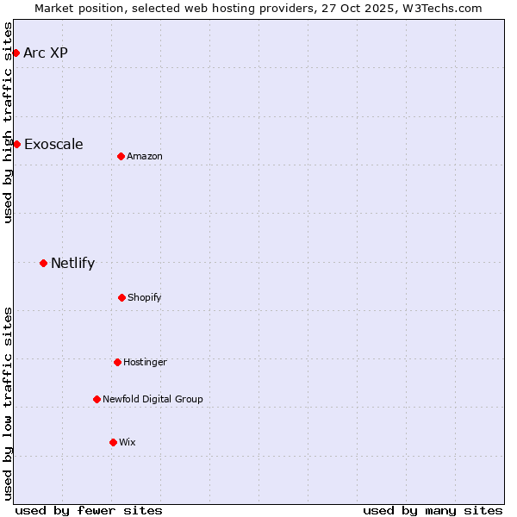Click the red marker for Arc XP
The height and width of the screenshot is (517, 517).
pos(16,53)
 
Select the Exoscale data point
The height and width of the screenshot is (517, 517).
pos(16,144)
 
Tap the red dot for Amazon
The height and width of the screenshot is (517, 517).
pos(121,156)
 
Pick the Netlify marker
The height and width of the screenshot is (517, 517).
pos(43,263)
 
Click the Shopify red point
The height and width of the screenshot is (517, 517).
pos(121,297)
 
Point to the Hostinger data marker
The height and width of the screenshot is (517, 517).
pos(117,362)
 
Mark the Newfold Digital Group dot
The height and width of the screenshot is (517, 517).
pos(97,399)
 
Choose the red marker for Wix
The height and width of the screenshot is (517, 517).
pos(113,442)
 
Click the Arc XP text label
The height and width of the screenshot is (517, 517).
pos(46,53)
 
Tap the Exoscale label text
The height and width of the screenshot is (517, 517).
pos(53,144)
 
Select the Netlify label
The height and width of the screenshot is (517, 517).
pos(72,263)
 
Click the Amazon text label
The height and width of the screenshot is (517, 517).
pos(145,156)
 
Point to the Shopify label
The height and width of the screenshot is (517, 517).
pos(145,297)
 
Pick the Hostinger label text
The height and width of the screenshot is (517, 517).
pos(145,362)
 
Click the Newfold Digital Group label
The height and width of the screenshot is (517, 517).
pos(153,399)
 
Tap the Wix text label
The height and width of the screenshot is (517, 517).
pos(128,442)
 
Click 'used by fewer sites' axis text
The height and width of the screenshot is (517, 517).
pos(89,510)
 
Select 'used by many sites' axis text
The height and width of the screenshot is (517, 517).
pos(433,510)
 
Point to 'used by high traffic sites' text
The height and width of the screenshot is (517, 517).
pos(9,122)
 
